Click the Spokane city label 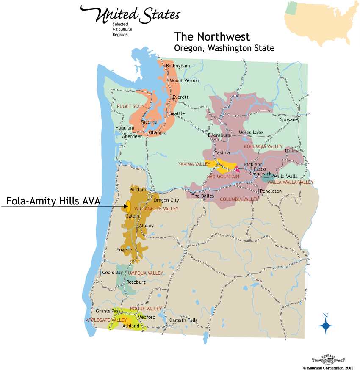pyautogui.click(x=289, y=119)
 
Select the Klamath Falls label pyautogui.click(x=183, y=320)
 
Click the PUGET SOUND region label pyautogui.click(x=133, y=106)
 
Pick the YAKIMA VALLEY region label pyautogui.click(x=194, y=163)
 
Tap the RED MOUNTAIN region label pyautogui.click(x=223, y=177)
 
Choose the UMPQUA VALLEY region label pyautogui.click(x=145, y=273)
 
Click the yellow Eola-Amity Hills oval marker pyautogui.click(x=127, y=207)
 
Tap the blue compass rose pyautogui.click(x=325, y=325)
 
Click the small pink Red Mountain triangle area pyautogui.click(x=237, y=170)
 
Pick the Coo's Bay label pyautogui.click(x=112, y=272)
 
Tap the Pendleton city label pyautogui.click(x=270, y=191)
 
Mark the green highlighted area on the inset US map pyautogui.click(x=291, y=7)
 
